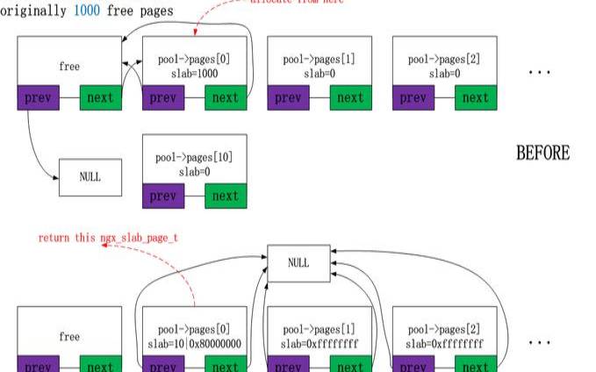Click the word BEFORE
point(542,154)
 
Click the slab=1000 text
point(194,75)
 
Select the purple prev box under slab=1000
point(163,97)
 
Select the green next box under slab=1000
point(226,97)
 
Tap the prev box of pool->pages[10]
point(163,196)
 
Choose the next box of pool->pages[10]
point(226,196)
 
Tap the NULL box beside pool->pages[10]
point(90,177)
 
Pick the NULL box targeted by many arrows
point(299,263)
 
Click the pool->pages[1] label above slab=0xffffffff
point(320,327)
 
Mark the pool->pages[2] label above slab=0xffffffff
point(444,327)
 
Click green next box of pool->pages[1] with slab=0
point(351,97)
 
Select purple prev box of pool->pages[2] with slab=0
point(413,97)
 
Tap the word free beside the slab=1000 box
point(69,66)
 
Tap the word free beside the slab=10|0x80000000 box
point(69,337)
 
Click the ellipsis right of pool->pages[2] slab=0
point(538,72)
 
